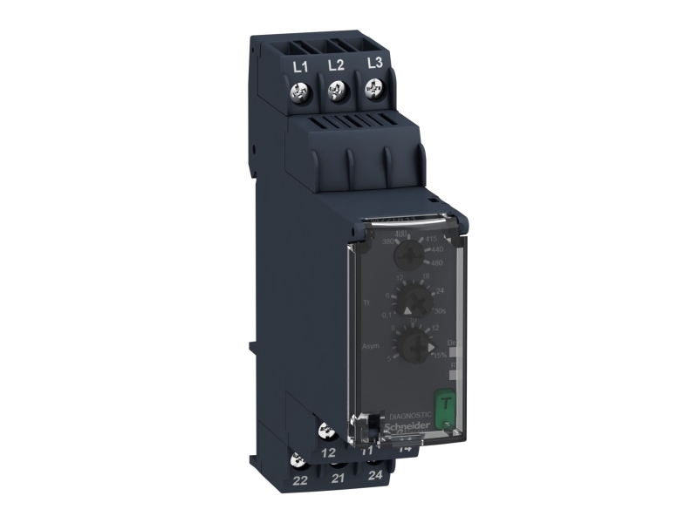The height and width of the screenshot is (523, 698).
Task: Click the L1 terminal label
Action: coord(300,65)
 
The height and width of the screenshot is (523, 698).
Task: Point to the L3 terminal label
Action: coord(375,62)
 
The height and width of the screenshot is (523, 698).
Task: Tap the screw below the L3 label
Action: coord(373,87)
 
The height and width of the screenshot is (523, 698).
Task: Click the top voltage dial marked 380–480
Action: coord(407,255)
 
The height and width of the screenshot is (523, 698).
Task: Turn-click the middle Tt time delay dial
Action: coord(416,301)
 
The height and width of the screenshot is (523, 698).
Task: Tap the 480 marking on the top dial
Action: coord(439,262)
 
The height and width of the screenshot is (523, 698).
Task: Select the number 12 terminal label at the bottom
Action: coord(328,452)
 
